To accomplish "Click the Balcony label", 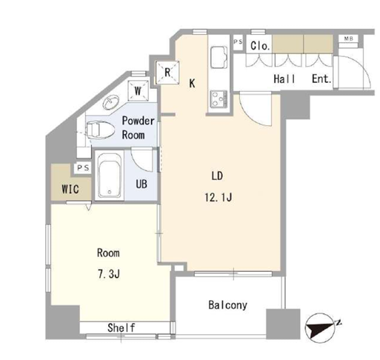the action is coord(227,305).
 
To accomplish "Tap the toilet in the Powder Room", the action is coord(101,129).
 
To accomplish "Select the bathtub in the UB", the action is coord(110,176).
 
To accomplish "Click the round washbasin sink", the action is coord(111,102).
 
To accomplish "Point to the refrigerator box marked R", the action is coord(167,73).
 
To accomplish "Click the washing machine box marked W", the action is coord(138,90).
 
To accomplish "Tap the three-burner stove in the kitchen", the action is coord(219,99).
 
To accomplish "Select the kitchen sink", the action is coord(219,57).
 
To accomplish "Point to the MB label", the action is coord(348,39).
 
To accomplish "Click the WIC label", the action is coord(70,189).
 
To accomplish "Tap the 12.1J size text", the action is coord(218,197).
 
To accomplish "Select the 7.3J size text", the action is coord(109,274).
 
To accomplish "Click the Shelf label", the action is coord(121,327).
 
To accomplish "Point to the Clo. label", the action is coord(259,46).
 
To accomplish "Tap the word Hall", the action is coord(284,79).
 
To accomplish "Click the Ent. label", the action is coord(321,79).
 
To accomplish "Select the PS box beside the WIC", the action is coord(83,168).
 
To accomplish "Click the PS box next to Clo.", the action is coord(238,42).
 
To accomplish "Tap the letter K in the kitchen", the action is coord(192,83).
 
